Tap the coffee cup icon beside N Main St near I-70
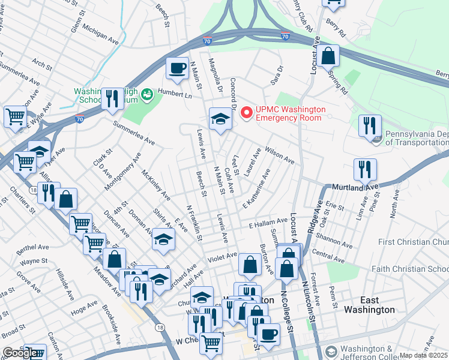point(176,68)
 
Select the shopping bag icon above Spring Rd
point(328,56)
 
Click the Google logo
point(19,353)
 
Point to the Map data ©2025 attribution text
point(423,355)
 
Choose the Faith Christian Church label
point(410,269)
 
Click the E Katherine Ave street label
point(257,196)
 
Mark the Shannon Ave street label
point(336,239)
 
